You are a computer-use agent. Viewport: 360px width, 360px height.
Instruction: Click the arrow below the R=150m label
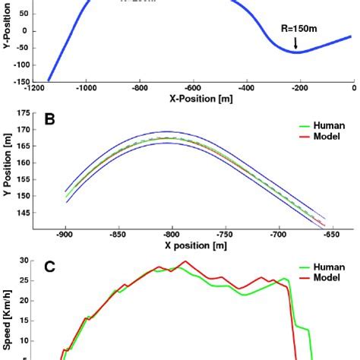[x=296, y=46]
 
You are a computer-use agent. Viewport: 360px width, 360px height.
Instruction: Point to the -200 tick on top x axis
[x=299, y=88]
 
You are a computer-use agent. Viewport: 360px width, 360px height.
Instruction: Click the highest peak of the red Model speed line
[x=184, y=262]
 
